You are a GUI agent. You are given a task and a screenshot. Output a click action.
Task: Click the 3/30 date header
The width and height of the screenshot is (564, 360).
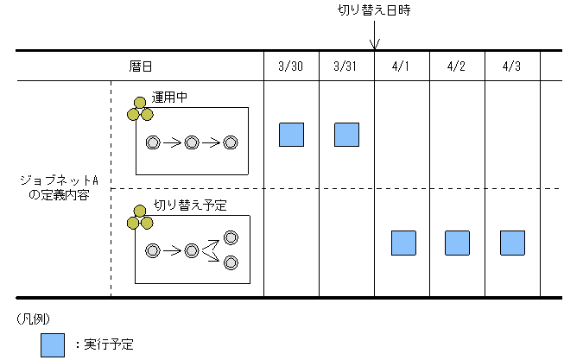(x=291, y=65)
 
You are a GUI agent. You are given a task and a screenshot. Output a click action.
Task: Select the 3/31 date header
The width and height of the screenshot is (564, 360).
(x=346, y=65)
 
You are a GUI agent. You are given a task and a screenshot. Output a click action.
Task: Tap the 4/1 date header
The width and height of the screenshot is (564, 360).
(x=402, y=65)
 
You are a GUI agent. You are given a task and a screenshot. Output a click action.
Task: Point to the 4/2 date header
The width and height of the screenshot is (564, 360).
(x=457, y=65)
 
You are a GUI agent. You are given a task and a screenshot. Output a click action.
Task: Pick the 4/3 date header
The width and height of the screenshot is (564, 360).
(x=512, y=65)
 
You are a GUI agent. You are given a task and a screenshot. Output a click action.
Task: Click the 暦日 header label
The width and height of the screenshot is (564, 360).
(x=140, y=65)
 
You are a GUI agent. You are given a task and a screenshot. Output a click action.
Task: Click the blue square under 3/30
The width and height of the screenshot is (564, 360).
(x=291, y=134)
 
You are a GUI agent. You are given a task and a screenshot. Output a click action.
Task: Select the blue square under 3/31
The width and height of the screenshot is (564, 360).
(x=346, y=134)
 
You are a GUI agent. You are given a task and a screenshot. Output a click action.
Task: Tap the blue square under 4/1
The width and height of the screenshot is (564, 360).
(x=403, y=243)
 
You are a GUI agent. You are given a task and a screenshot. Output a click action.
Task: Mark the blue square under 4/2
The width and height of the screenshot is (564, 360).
(x=457, y=243)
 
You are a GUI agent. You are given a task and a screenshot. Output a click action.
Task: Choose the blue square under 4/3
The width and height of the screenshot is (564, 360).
(x=512, y=243)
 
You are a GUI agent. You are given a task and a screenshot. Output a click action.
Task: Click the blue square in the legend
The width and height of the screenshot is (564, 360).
(x=53, y=344)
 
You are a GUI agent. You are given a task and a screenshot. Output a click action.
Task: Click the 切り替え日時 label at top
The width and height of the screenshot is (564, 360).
(x=373, y=11)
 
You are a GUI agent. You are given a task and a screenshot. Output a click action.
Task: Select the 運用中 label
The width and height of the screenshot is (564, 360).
(x=170, y=98)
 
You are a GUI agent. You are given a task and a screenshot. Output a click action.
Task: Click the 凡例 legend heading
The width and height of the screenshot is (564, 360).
(x=34, y=318)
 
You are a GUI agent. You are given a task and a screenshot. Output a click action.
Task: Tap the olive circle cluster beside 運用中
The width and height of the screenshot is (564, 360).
(x=139, y=108)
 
